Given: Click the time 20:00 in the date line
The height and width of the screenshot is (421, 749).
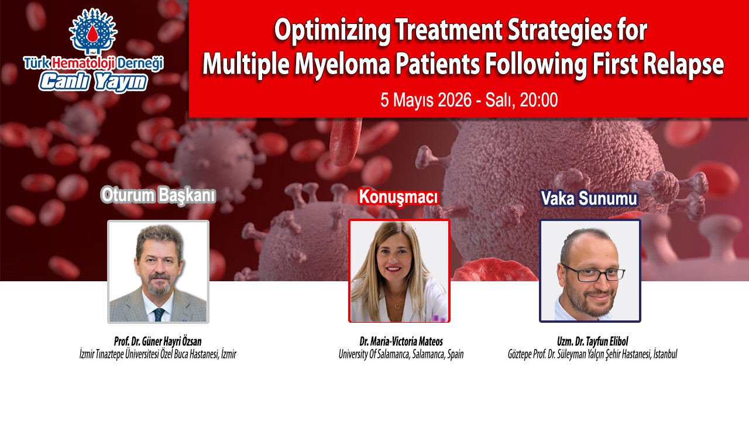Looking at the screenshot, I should (x=538, y=100).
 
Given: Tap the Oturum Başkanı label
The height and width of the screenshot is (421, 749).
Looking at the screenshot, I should (x=158, y=195).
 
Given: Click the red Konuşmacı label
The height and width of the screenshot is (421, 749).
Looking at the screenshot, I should (x=398, y=197).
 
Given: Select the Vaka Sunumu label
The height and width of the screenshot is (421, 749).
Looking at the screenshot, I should (x=589, y=199).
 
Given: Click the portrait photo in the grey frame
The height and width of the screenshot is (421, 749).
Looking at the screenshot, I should (x=158, y=271).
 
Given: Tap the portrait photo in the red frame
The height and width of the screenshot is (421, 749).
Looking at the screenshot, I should (x=399, y=271).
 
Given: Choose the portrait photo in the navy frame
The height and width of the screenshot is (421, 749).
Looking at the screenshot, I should (x=590, y=271).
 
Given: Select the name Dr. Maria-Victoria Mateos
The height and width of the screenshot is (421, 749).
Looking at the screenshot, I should (x=401, y=341).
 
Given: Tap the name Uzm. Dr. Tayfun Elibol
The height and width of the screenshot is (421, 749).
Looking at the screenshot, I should (x=592, y=341).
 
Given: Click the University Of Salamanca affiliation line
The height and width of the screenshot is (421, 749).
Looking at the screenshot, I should (x=401, y=354).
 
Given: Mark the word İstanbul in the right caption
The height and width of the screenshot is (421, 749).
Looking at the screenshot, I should (x=662, y=354).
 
